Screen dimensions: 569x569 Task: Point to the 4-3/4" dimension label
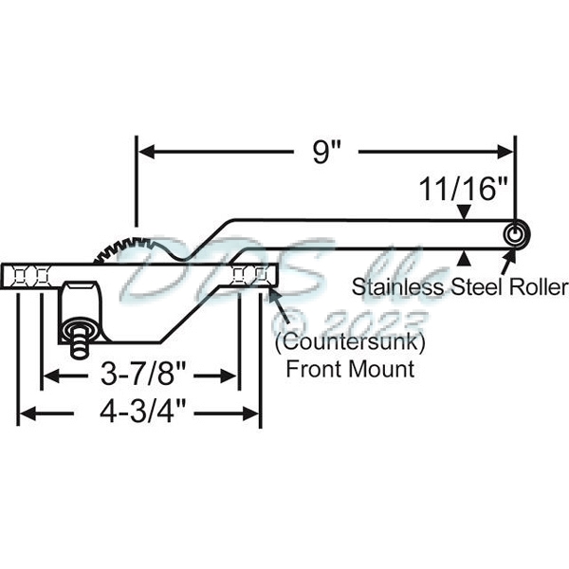[x=140, y=413]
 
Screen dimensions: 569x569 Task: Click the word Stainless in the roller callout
[x=391, y=285]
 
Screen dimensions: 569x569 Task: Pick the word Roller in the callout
[x=541, y=285]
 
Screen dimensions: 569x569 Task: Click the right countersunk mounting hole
[x=248, y=275]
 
